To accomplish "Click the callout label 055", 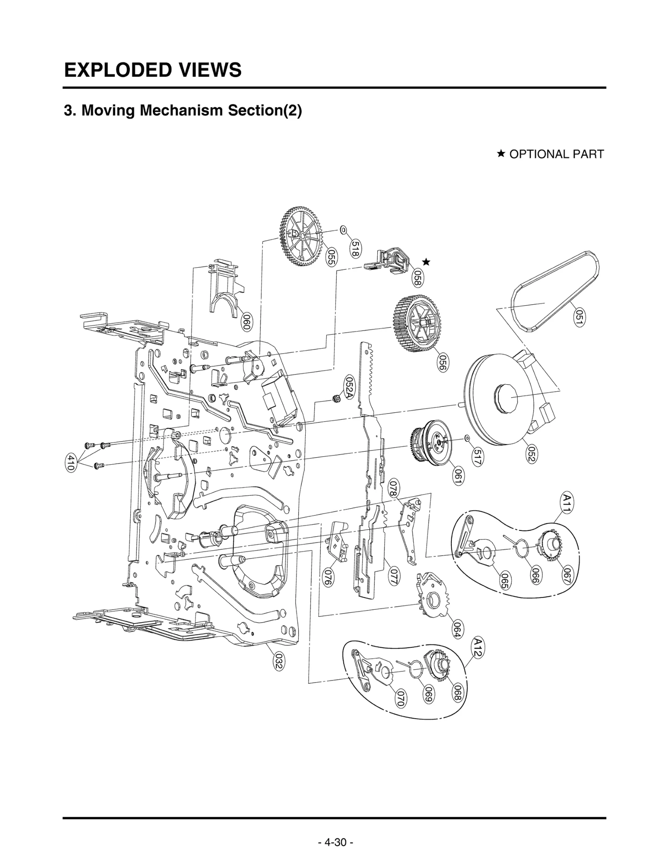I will [331, 257].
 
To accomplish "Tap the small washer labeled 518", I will [343, 230].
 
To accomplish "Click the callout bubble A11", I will [567, 503].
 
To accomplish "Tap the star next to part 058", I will [426, 262].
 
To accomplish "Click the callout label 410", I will [71, 463].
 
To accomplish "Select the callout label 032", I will [278, 662].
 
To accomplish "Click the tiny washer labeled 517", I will [467, 438].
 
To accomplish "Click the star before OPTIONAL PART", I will [500, 154].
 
